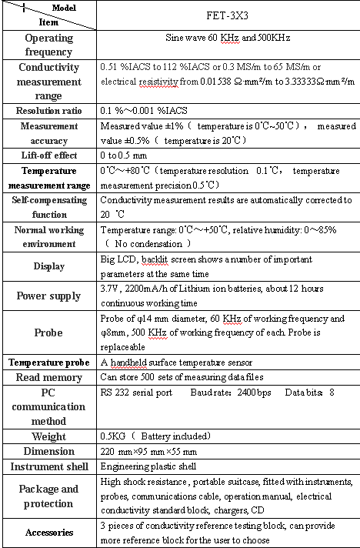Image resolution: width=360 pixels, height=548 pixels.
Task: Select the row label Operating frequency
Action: pyautogui.click(x=49, y=45)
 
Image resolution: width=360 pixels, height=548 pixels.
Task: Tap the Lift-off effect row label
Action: pyautogui.click(x=49, y=154)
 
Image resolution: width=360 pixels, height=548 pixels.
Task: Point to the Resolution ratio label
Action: pyautogui.click(x=49, y=110)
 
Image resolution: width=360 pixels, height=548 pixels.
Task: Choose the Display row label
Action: pyautogui.click(x=49, y=266)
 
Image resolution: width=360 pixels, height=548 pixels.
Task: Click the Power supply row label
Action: pyautogui.click(x=49, y=296)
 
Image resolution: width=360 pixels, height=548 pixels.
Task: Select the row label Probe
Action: pyautogui.click(x=49, y=333)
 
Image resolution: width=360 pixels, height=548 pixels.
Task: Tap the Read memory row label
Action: pyautogui.click(x=49, y=377)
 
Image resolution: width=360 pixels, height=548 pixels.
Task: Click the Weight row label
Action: pyautogui.click(x=49, y=436)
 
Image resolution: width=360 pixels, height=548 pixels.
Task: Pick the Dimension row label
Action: pyautogui.click(x=49, y=451)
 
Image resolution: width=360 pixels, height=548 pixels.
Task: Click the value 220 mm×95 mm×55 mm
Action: pyautogui.click(x=148, y=451)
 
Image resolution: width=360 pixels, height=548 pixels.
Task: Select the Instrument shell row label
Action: pyautogui.click(x=49, y=466)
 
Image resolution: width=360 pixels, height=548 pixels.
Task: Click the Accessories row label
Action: pyautogui.click(x=49, y=532)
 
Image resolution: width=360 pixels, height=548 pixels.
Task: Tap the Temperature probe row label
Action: pyautogui.click(x=49, y=362)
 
